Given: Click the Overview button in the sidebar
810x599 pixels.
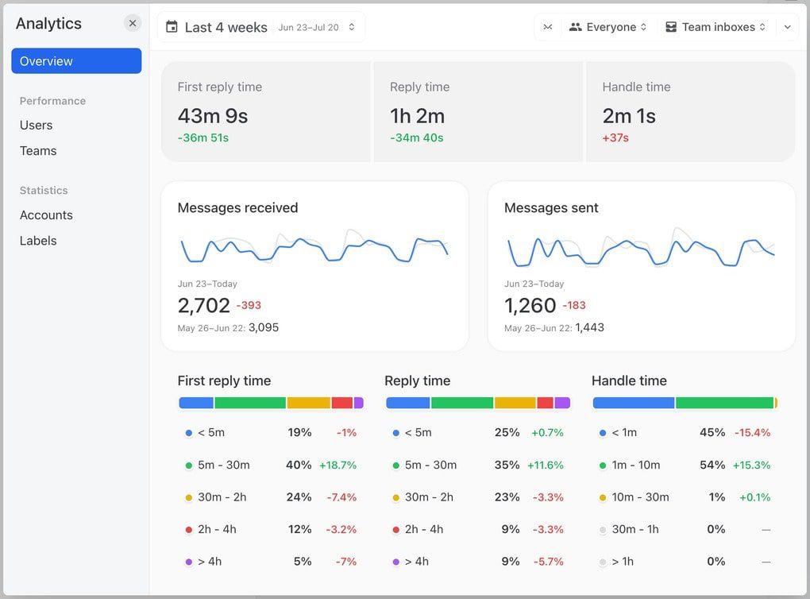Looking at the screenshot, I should [x=76, y=61].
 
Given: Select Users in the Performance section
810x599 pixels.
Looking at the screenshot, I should [x=37, y=125].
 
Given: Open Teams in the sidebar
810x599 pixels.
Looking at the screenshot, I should [x=38, y=151].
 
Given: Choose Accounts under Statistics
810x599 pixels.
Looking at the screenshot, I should [x=46, y=215].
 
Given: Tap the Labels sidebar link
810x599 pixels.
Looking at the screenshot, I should [x=38, y=241].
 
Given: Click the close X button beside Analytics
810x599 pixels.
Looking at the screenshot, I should [x=133, y=24].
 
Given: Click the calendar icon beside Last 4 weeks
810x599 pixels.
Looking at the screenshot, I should [x=172, y=27].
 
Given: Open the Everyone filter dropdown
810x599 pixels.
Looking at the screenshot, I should [x=609, y=27].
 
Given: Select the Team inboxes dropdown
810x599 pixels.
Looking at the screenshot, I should [x=715, y=27].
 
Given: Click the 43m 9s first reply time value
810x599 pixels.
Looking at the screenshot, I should [x=213, y=116].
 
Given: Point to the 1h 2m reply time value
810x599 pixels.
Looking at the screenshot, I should [x=417, y=116].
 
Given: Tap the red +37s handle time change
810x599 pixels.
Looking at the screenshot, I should [x=615, y=138].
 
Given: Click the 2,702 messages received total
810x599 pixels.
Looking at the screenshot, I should [x=204, y=305].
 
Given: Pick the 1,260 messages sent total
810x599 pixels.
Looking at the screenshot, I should [x=530, y=305].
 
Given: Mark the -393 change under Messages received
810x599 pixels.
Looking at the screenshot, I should [x=249, y=305].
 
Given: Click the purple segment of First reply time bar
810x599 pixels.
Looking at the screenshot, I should [x=359, y=403].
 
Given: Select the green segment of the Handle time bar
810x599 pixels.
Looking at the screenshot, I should [x=724, y=403].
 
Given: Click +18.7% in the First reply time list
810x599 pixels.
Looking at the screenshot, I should [x=337, y=466].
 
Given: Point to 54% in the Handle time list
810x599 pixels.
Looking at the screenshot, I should [x=712, y=466].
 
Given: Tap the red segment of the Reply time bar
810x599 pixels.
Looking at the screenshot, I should [x=545, y=403].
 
